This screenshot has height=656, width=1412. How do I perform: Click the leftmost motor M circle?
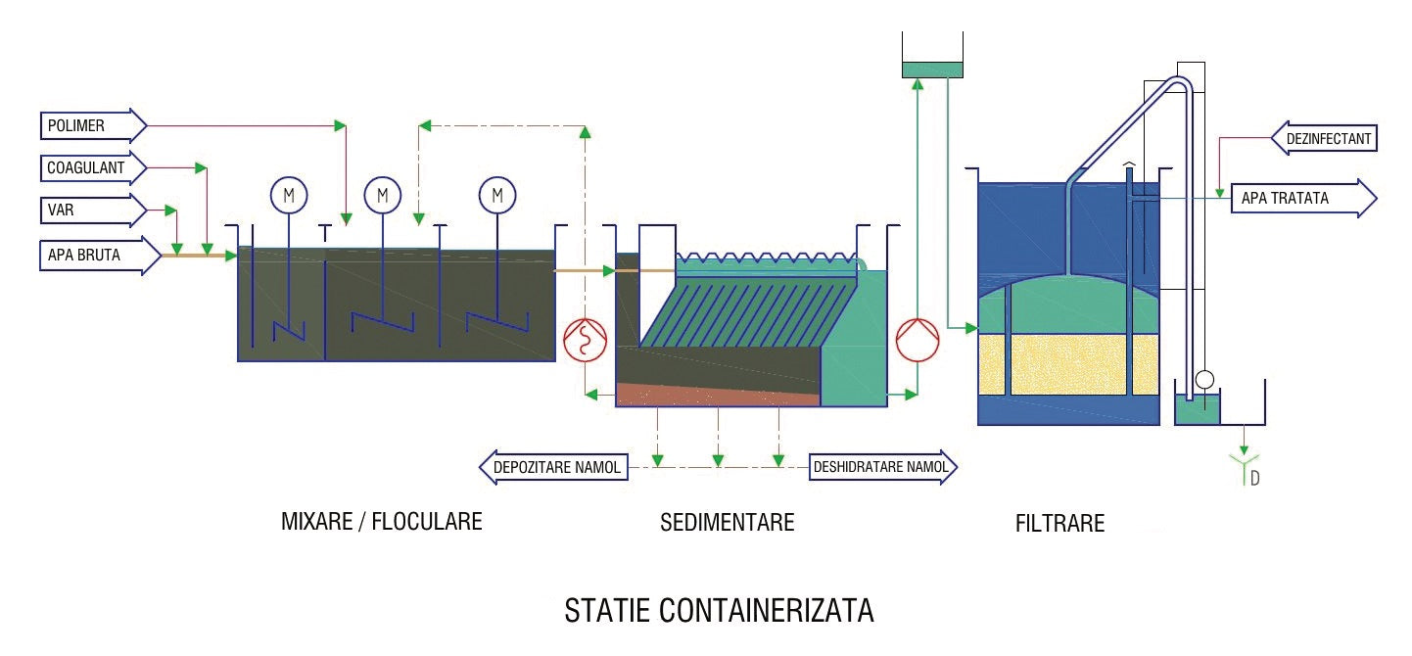pyautogui.click(x=289, y=196)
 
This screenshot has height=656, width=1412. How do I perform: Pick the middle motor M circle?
pyautogui.click(x=383, y=195)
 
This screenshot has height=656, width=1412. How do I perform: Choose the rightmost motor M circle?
pyautogui.click(x=497, y=195)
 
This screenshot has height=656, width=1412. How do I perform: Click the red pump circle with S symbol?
pyautogui.click(x=586, y=341)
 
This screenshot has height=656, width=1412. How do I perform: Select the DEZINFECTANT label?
pyautogui.click(x=1324, y=139)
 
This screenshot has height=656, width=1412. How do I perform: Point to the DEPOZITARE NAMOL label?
pyautogui.click(x=555, y=468)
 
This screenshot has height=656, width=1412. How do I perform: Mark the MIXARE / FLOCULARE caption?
pyautogui.click(x=382, y=521)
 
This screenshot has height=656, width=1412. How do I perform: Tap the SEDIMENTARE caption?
pyautogui.click(x=727, y=522)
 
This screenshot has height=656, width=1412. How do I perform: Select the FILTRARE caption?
pyautogui.click(x=1059, y=524)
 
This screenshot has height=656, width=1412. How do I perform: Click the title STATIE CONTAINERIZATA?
pyautogui.click(x=719, y=611)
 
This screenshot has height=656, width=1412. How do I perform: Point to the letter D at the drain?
pyautogui.click(x=1254, y=479)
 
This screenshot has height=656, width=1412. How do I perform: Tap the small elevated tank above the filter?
pyautogui.click(x=932, y=70)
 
